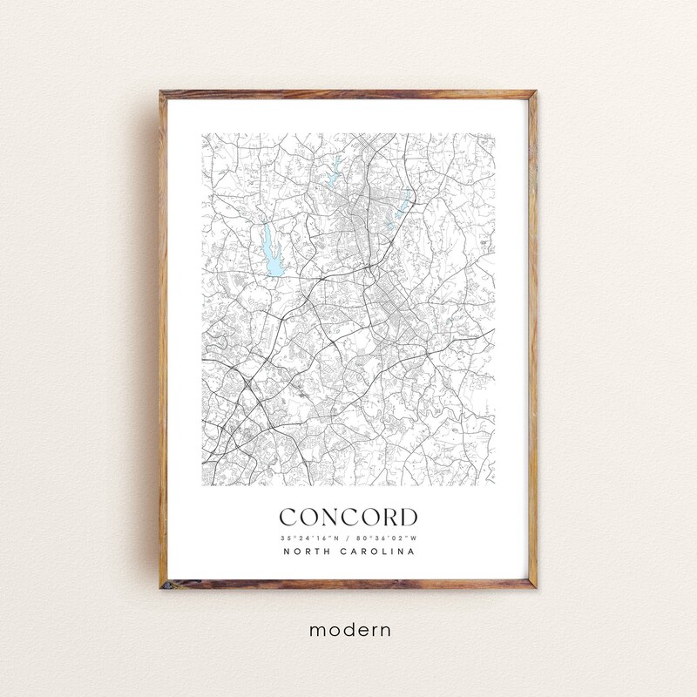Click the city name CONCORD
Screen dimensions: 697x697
(x=348, y=518)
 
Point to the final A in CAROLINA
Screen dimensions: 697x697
(x=412, y=552)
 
